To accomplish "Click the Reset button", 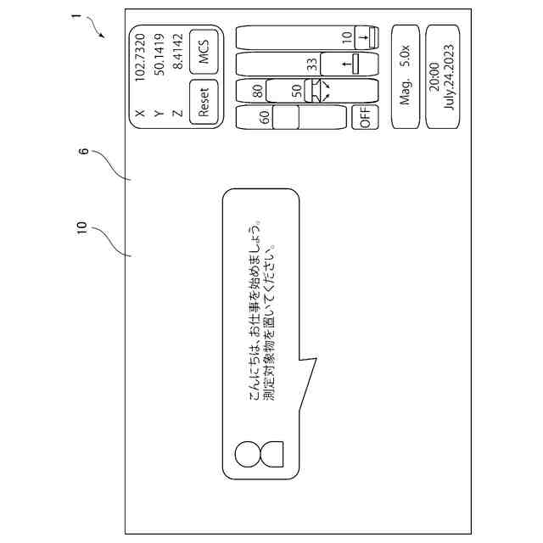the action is (203, 101).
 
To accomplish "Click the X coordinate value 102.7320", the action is (141, 53).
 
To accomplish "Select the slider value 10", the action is (347, 37).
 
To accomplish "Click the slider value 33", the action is (312, 63).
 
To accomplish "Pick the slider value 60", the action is (266, 118).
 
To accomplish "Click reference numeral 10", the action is (81, 227).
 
